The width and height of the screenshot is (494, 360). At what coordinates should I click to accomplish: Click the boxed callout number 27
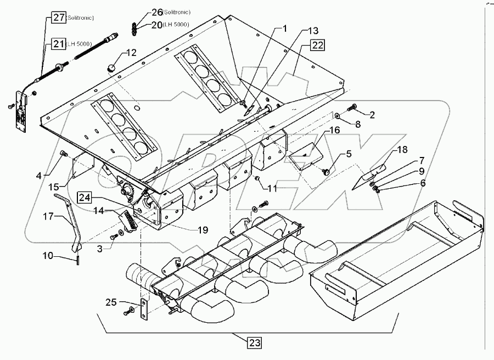59,18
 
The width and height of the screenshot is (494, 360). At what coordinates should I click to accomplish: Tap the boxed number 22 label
317,46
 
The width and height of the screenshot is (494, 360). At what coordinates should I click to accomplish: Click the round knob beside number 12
112,67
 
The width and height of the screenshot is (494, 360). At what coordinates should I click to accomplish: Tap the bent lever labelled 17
74,220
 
